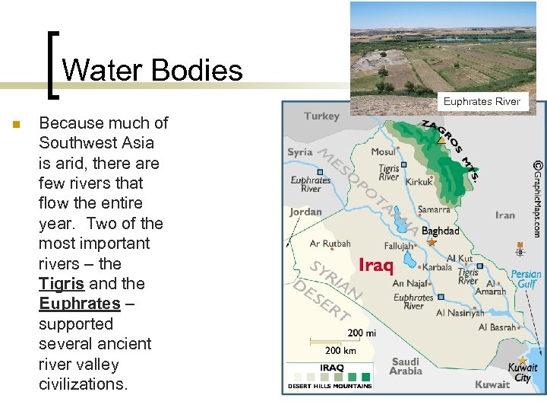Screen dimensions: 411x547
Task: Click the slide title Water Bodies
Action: tap(152, 71)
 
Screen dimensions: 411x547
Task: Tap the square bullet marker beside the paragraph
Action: tap(14, 124)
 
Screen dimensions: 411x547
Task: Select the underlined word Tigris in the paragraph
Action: tap(62, 284)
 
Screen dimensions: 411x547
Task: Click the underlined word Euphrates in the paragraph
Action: tap(79, 304)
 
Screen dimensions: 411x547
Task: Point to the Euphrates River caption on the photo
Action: tap(482, 101)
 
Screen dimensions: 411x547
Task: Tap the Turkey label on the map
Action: tap(322, 116)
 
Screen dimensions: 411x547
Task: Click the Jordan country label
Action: tap(305, 212)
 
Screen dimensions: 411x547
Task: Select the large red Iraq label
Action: tap(376, 266)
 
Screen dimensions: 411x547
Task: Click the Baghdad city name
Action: tap(441, 231)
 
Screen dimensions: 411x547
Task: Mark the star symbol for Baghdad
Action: tap(432, 242)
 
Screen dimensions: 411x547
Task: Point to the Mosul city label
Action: tap(383, 152)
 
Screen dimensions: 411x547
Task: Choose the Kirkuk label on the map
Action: tap(419, 182)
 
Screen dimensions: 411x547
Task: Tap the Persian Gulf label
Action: tap(526, 279)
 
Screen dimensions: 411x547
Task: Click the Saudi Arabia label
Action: tap(406, 366)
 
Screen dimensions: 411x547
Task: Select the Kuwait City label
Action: tap(523, 373)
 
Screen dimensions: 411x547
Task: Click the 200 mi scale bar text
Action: tap(362, 333)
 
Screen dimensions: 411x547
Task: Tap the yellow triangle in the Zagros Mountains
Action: tap(441, 139)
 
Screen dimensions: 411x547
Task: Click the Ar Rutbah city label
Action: tap(330, 244)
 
